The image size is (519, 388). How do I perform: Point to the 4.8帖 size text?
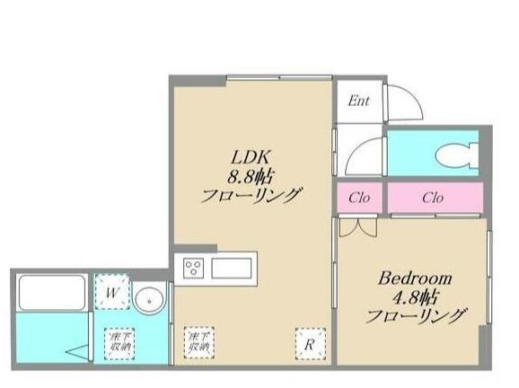pos(414,296)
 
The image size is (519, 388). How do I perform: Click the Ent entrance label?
pos(359,101)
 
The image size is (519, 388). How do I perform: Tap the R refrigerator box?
pos(307,341)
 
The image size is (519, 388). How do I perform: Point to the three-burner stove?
pos(195,268)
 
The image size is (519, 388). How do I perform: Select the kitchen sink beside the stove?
pos(234,268)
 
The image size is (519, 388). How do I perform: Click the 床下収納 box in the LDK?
pos(199,340)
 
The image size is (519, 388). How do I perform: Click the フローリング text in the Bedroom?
pos(416,316)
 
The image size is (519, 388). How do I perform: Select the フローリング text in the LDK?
pos(252,195)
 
